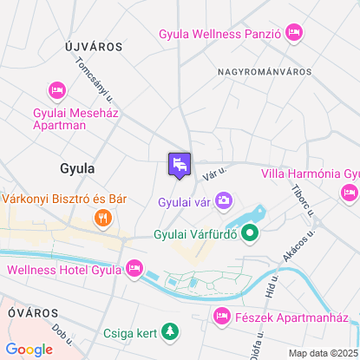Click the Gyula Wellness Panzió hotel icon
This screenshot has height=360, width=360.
(x=294, y=34)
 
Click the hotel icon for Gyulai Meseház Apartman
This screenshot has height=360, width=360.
(x=58, y=90)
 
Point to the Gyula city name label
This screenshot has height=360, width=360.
(x=77, y=167)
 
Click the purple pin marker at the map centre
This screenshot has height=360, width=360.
(x=180, y=164)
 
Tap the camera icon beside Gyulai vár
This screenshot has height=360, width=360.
(x=224, y=201)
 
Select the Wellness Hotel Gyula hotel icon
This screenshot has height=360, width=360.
(x=134, y=269)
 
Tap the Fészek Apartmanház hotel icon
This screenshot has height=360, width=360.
(x=222, y=316)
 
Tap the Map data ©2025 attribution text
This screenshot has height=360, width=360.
(x=322, y=353)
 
